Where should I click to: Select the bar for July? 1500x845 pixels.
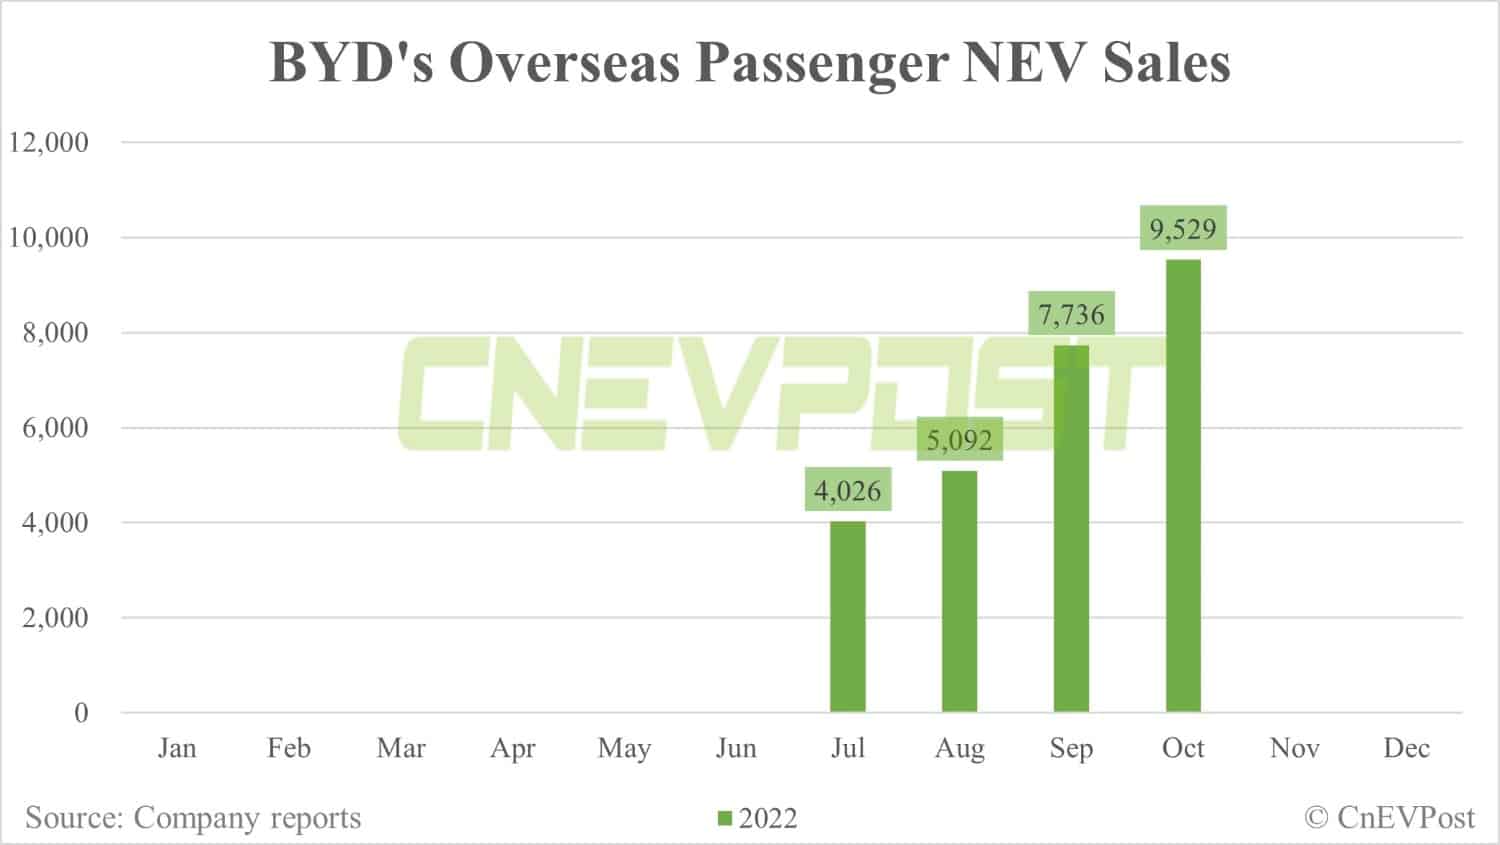[x=848, y=617]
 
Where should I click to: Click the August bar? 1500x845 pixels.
[x=959, y=591]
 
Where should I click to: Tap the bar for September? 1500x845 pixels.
[x=1071, y=529]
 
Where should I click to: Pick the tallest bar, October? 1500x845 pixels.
[x=1183, y=486]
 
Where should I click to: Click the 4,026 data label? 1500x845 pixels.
[x=848, y=491]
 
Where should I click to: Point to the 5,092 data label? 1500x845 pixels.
[x=959, y=440]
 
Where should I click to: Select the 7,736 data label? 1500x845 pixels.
[x=1071, y=315]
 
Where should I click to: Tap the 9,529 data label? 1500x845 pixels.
[x=1183, y=229]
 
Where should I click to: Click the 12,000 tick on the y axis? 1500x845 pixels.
[x=49, y=142]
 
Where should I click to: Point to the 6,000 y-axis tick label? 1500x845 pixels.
[x=56, y=428]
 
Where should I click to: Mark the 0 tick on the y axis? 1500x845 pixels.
[x=81, y=713]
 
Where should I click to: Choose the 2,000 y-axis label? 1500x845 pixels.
[x=56, y=618]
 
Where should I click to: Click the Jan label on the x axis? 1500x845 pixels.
[x=177, y=748]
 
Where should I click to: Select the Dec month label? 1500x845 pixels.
[x=1406, y=748]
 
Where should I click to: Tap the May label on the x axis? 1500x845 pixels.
[x=624, y=748]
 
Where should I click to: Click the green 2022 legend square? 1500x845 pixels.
[x=725, y=819]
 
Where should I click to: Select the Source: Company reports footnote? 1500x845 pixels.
[x=193, y=818]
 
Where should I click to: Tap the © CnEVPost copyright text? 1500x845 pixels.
[x=1389, y=818]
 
